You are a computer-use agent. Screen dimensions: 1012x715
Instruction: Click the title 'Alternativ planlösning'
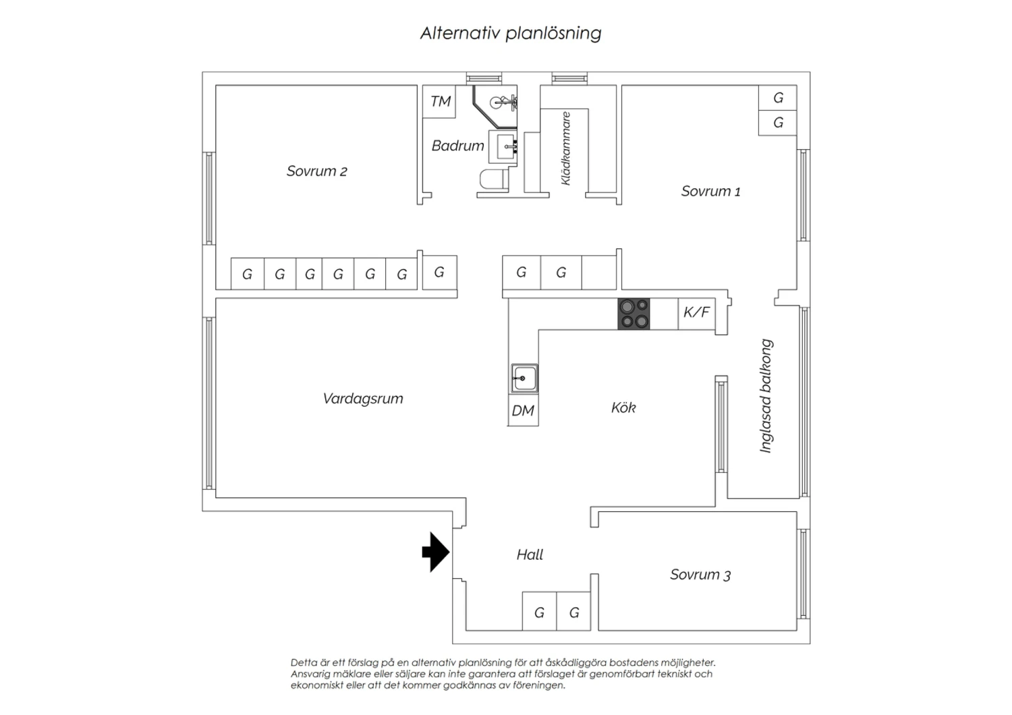pyautogui.click(x=511, y=33)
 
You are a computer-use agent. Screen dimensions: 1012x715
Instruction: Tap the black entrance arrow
pyautogui.click(x=436, y=552)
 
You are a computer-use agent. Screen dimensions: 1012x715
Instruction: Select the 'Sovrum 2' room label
pyautogui.click(x=316, y=171)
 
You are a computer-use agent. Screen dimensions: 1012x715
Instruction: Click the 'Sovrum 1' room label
pyautogui.click(x=710, y=192)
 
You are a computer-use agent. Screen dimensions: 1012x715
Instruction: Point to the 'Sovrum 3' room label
pyautogui.click(x=700, y=575)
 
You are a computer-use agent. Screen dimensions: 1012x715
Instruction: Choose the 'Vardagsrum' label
pyautogui.click(x=363, y=399)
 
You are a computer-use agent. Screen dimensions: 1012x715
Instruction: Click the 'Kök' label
pyautogui.click(x=623, y=408)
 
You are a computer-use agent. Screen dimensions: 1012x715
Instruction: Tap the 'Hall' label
pyautogui.click(x=530, y=554)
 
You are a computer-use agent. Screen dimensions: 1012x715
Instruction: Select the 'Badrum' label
pyautogui.click(x=457, y=146)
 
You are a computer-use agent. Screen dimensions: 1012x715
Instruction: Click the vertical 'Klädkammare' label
pyautogui.click(x=565, y=148)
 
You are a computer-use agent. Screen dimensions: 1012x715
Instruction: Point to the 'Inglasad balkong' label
pyautogui.click(x=766, y=396)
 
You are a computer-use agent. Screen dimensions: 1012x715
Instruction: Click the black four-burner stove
pyautogui.click(x=634, y=314)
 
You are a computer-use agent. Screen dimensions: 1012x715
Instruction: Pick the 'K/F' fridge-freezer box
pyautogui.click(x=696, y=314)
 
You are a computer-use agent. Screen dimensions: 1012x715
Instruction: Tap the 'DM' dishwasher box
pyautogui.click(x=523, y=410)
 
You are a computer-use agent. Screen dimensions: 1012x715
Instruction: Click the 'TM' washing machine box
pyautogui.click(x=439, y=102)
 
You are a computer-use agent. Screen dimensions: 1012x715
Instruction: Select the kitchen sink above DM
pyautogui.click(x=524, y=378)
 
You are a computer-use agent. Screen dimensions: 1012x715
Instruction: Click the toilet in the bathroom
pyautogui.click(x=493, y=180)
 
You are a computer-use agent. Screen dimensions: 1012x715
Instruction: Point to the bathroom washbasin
pyautogui.click(x=503, y=147)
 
